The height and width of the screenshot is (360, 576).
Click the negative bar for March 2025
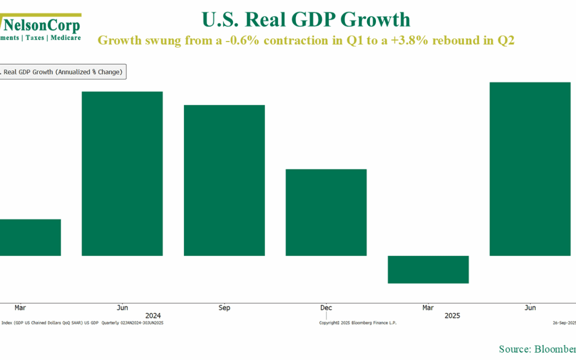[x=428, y=269]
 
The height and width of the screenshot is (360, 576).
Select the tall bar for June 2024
[x=122, y=173]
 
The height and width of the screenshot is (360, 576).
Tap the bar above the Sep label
[x=224, y=180]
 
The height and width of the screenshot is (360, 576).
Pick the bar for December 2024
[x=326, y=212]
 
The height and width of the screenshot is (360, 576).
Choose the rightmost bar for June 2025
[x=530, y=169]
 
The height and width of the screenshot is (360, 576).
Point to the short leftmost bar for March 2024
[x=30, y=237]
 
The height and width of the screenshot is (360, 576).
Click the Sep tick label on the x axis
[x=224, y=308]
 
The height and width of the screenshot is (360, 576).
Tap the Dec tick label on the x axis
[x=326, y=308]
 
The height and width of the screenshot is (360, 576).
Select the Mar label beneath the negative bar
[x=428, y=308]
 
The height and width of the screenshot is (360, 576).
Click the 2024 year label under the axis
[x=153, y=316]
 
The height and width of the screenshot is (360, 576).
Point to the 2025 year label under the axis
[x=452, y=316]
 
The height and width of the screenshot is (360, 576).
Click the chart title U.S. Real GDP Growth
[x=306, y=20]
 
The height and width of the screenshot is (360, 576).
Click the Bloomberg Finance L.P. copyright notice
[x=358, y=323]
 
